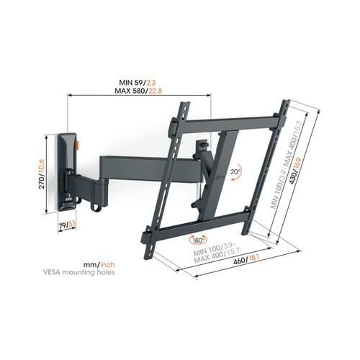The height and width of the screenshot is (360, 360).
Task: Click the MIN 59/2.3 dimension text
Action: coord(138,83)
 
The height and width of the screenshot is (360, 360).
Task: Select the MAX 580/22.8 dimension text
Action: coord(138,91)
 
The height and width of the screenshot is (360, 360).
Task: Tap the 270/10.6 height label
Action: coord(42,174)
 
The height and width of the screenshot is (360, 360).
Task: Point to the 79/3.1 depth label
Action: coord(67,225)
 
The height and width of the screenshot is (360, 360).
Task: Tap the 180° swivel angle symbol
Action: coord(198,240)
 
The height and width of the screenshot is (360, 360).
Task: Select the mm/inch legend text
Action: coord(99,265)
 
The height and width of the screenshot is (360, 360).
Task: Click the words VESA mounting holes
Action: coord(78,272)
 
